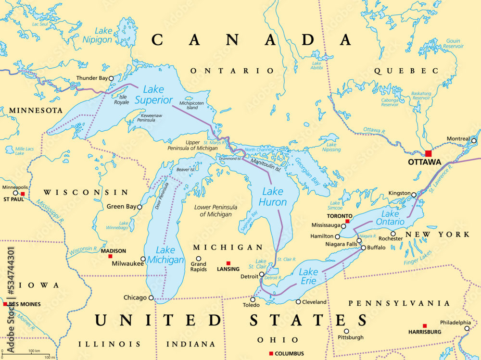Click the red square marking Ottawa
[428, 153]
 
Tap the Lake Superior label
[153, 95]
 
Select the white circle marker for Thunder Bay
[111, 78]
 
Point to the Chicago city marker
[151, 298]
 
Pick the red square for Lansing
[228, 263]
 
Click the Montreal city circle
[473, 140]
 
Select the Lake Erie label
[308, 276]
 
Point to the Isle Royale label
[120, 99]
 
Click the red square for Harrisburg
[425, 325]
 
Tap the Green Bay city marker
[139, 207]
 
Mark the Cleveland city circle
[298, 302]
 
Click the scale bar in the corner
[27, 355]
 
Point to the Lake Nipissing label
[331, 147]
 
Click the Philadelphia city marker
[467, 329]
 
